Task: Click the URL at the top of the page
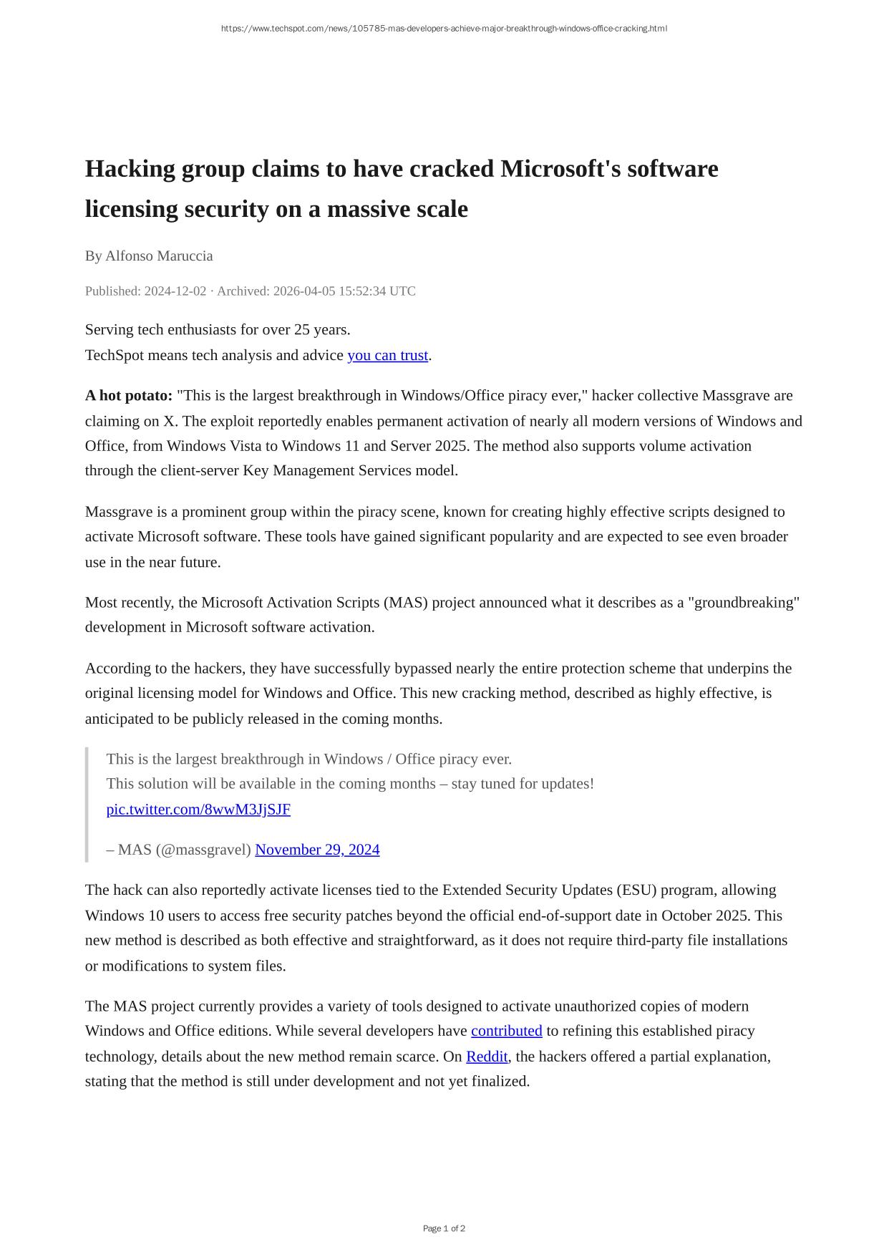pos(444,29)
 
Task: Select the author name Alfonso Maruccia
pos(159,256)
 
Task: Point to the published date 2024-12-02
pos(175,291)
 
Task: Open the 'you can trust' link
pos(387,355)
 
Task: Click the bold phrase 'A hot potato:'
pos(129,395)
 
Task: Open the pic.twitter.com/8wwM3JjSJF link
pos(198,809)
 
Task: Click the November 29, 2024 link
pos(317,849)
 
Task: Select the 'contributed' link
pos(506,1031)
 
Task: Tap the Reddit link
pos(487,1057)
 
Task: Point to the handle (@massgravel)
pos(203,849)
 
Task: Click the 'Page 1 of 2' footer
pos(444,1228)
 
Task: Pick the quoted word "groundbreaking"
pos(744,602)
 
